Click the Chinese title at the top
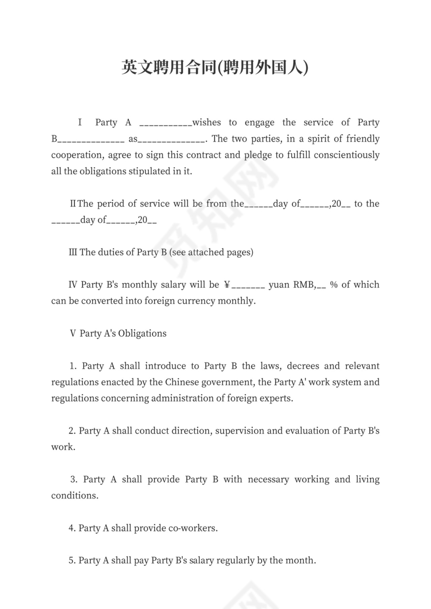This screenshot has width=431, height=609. tap(215, 67)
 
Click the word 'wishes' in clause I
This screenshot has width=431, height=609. tap(207, 123)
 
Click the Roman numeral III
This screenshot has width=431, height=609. tap(73, 253)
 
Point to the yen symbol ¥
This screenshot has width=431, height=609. tap(227, 285)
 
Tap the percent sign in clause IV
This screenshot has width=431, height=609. tap(334, 285)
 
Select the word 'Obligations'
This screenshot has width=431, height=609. tap(142, 334)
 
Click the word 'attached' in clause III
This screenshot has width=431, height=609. tap(207, 253)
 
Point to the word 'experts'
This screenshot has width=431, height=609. tap(277, 398)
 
